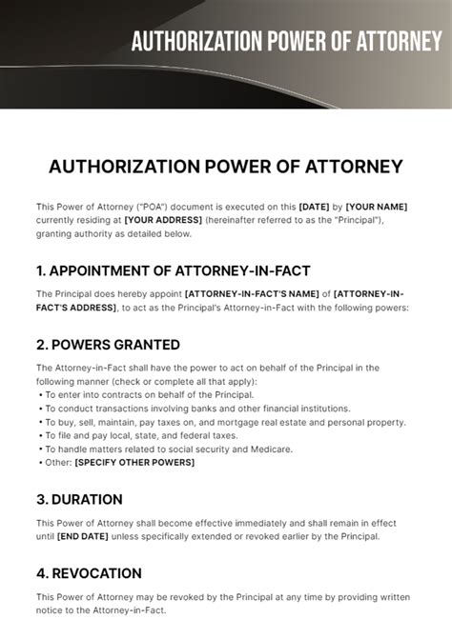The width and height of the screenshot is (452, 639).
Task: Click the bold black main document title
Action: (x=226, y=167)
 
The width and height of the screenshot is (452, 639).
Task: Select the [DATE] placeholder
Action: (x=314, y=207)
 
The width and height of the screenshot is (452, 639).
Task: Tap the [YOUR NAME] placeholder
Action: (x=377, y=207)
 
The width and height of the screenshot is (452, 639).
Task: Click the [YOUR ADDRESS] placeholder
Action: (x=164, y=220)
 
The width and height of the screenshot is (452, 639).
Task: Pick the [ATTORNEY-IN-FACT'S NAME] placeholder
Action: (x=252, y=294)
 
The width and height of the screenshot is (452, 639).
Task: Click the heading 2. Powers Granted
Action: (x=108, y=344)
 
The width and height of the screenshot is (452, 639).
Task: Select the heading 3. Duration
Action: (x=79, y=499)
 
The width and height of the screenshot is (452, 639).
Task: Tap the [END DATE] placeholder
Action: (x=78, y=536)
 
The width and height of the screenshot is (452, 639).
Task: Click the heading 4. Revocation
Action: (x=89, y=573)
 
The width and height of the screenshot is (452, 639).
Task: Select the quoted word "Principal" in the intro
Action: (x=353, y=220)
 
